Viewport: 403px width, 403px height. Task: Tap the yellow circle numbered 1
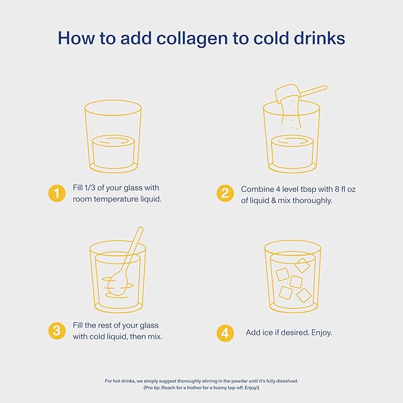(56, 193)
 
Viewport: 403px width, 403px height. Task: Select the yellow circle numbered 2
(225, 193)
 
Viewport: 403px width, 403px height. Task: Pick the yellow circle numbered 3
(56, 331)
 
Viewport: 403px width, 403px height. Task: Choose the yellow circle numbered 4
(225, 332)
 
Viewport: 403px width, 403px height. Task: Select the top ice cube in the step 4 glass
(302, 265)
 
